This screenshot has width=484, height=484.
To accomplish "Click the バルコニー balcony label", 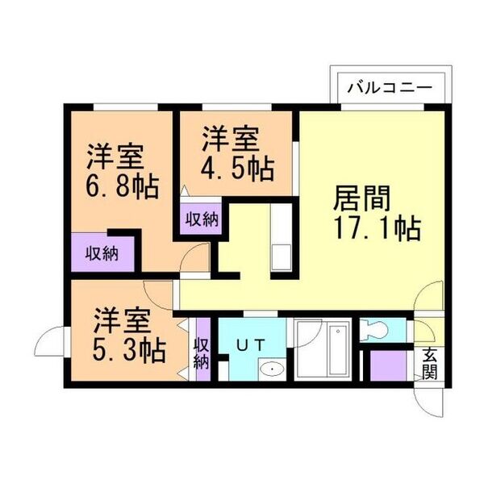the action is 390,88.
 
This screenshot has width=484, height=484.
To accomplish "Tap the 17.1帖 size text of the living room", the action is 378,228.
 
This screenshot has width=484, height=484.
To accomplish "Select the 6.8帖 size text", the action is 123,186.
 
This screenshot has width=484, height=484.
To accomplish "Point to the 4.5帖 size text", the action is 237,169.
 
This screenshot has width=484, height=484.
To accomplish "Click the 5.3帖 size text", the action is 130,351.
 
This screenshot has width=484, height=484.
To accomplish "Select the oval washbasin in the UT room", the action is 271,369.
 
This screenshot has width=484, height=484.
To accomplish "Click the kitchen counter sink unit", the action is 281,237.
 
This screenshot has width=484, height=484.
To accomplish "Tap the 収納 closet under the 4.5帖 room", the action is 201,219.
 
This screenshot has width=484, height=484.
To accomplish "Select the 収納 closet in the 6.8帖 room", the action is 102,252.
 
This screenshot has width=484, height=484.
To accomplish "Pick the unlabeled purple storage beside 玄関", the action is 388,365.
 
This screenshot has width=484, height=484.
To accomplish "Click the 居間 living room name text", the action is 362,198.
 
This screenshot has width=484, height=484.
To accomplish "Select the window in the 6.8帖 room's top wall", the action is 126,107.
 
